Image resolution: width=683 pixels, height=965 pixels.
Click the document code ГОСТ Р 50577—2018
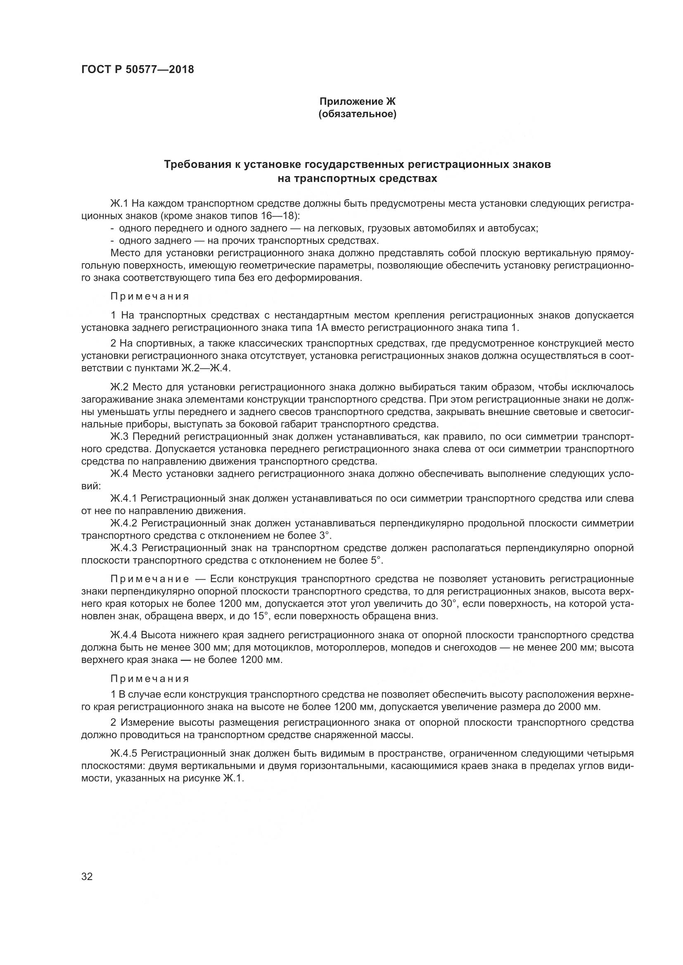(x=138, y=70)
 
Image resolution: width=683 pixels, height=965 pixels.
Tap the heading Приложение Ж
(x=358, y=101)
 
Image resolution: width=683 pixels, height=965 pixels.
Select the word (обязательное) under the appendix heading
(x=358, y=114)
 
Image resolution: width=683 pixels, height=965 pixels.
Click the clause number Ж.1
(x=119, y=204)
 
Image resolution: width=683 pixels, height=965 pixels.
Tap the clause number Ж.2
(x=119, y=387)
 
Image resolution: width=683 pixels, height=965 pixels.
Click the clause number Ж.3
(x=119, y=436)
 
